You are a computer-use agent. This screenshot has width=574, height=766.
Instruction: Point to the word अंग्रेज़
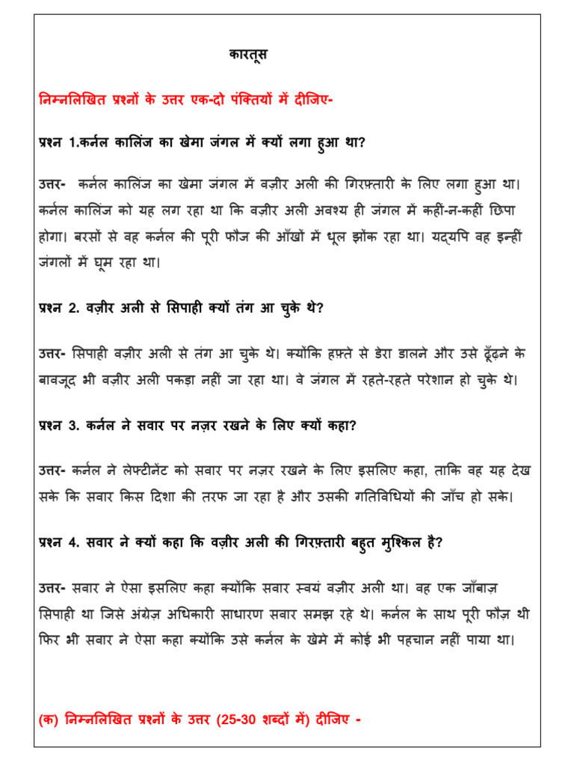[x=168, y=615]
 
